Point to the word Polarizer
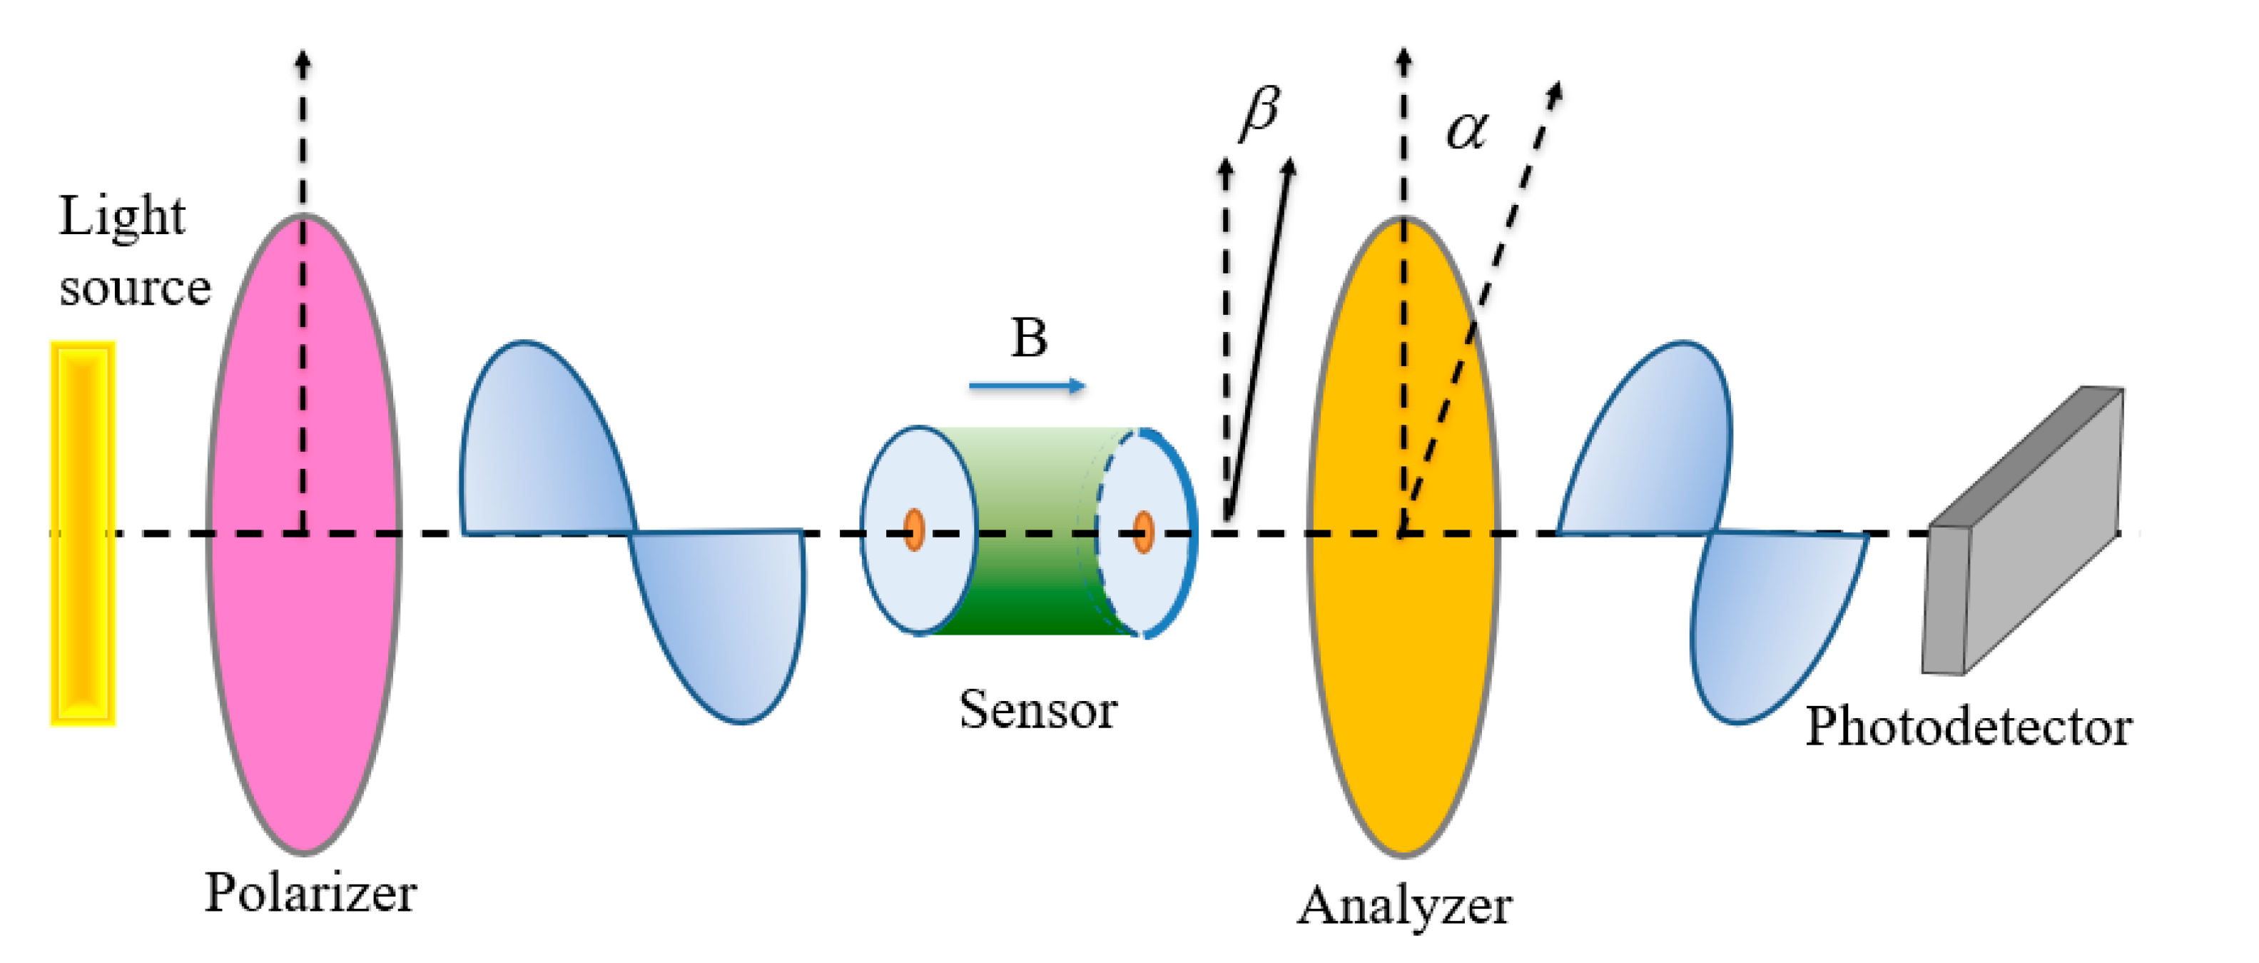point(310,893)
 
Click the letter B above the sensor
point(1029,338)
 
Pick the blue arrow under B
point(1026,386)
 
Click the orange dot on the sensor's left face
point(914,530)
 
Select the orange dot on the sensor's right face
point(1142,532)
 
